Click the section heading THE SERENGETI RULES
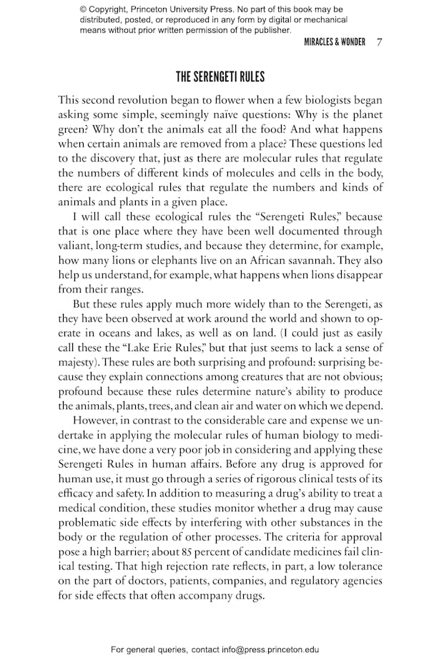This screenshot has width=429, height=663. click(220, 77)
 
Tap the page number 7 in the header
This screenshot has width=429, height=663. click(379, 42)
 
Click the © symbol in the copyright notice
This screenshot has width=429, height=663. click(84, 9)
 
